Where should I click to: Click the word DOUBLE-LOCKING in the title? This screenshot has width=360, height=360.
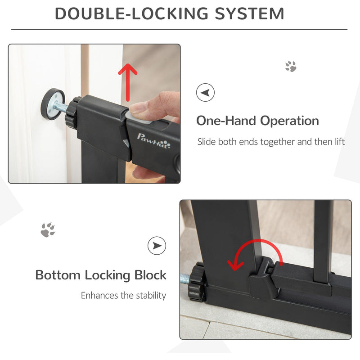131,13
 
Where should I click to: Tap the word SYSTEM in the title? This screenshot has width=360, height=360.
249,13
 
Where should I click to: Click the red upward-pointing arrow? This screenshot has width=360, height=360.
128,82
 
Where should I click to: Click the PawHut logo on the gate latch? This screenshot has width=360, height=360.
153,140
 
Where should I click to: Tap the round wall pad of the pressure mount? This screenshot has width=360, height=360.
53,103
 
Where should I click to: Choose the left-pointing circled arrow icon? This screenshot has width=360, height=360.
205,93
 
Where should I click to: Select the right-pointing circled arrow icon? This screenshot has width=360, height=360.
157,246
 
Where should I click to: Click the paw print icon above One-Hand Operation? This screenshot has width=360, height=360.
291,66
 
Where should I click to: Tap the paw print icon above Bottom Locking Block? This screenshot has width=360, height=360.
48,229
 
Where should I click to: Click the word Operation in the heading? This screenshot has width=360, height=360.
289,121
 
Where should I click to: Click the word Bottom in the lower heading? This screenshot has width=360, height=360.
58,275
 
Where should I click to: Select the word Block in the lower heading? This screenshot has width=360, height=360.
150,275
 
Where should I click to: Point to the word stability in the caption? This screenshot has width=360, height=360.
151,295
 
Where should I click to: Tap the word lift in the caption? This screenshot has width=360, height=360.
340,141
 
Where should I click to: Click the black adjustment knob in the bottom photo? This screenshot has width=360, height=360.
196,283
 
